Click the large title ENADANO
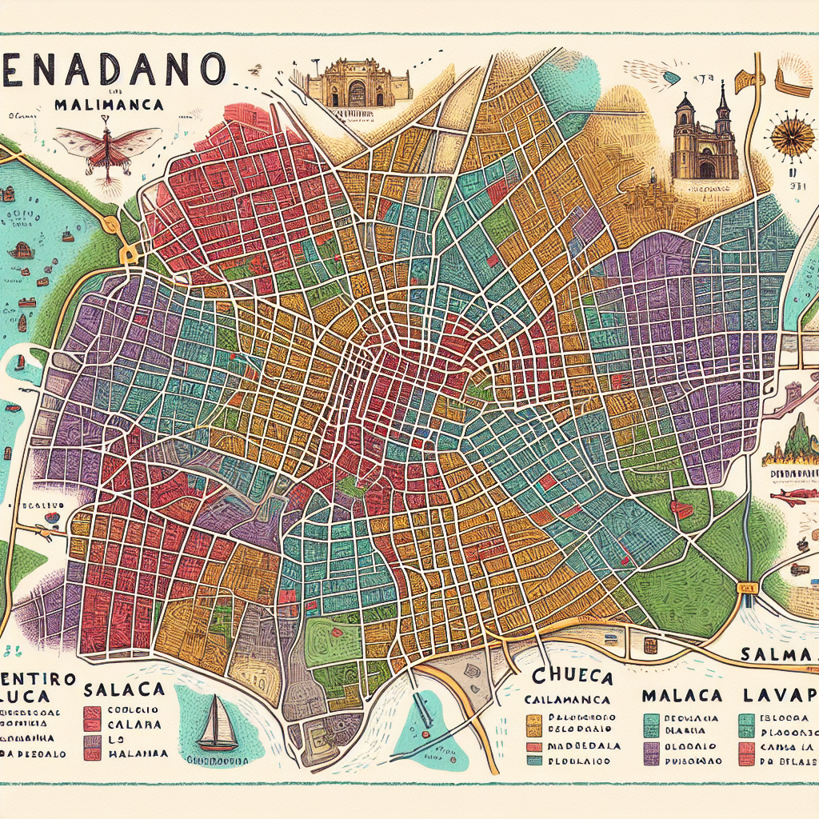coord(112,70)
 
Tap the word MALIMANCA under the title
coord(110,105)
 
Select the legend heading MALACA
coord(681,694)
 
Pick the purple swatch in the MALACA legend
coord(652,747)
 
